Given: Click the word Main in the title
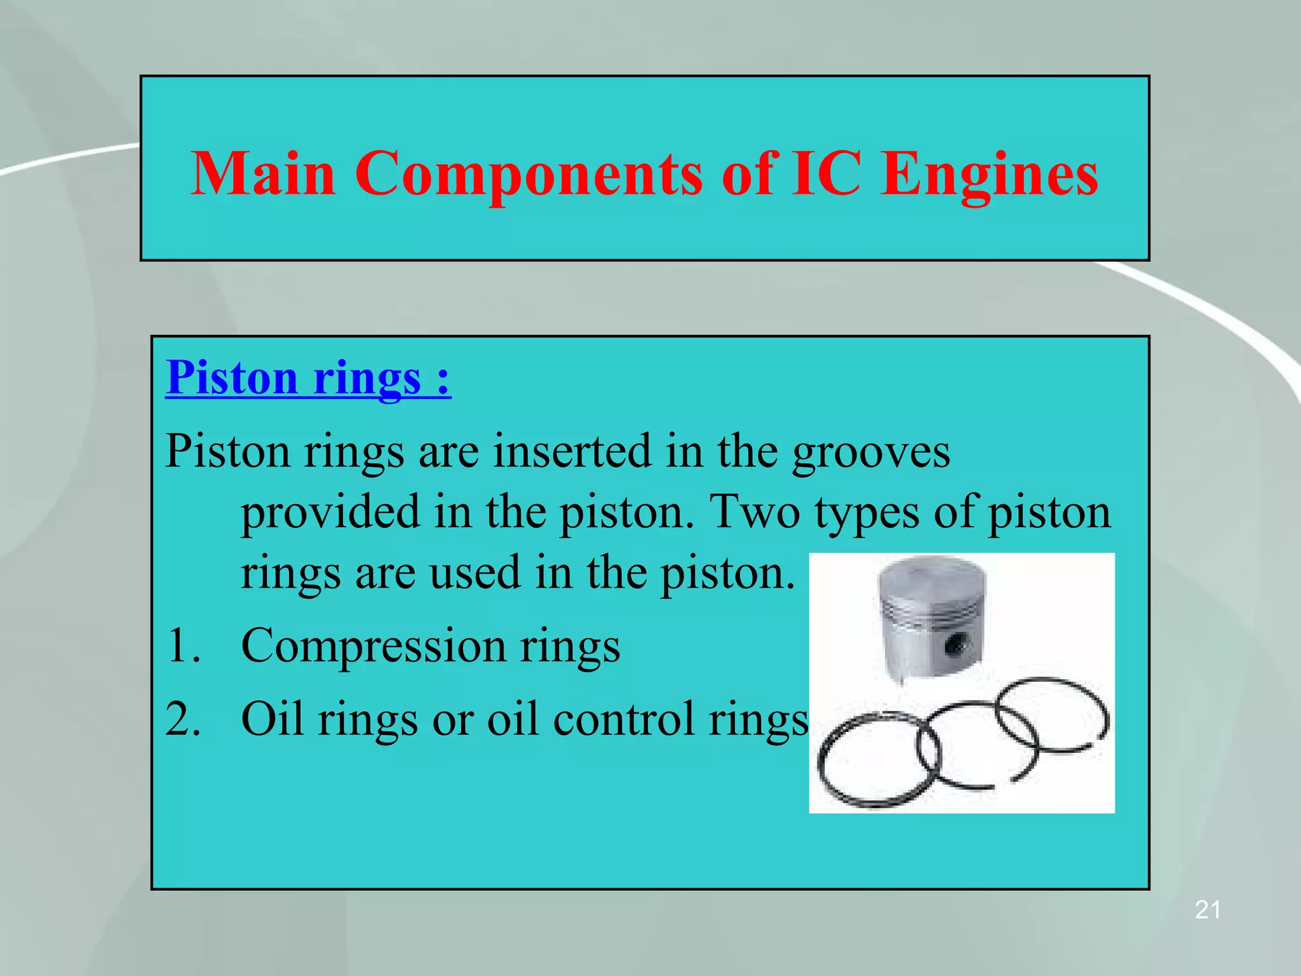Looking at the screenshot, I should tap(263, 173).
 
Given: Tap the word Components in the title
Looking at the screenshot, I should tap(529, 175).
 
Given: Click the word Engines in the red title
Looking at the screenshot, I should tap(990, 175).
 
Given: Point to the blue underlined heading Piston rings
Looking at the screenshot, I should tap(308, 378).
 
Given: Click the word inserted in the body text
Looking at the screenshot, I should tap(573, 451).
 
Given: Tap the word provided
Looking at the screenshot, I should tap(330, 512).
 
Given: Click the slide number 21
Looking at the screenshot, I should tap(1208, 910).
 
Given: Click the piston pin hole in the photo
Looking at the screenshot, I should tap(954, 646).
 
